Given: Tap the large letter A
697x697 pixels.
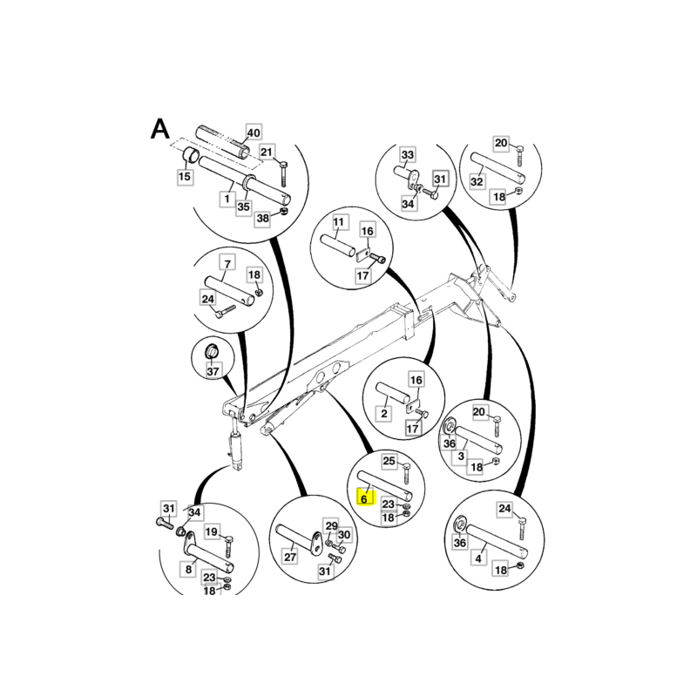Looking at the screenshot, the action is pos(160,129).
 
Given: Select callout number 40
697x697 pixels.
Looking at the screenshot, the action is pos(254,132).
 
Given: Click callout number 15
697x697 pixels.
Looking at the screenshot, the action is pos(185,177).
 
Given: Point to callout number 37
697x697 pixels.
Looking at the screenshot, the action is pos(213,370).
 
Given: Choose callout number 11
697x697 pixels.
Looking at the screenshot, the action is pos(339,222).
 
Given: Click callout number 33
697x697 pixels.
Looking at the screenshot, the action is pos(408,155).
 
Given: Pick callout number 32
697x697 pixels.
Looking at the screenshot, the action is pos(477,181).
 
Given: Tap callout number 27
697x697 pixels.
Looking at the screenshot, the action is pos(290,557).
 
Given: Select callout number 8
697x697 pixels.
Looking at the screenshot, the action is pos(188,569).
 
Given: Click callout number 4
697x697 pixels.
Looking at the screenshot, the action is pos(478,558).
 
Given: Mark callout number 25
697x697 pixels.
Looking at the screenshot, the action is pos(389,461).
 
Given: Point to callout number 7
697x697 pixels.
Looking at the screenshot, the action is pos(227,264).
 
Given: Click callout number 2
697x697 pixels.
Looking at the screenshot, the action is pos(384,414).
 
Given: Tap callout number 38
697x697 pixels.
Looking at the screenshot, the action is pos(263,219).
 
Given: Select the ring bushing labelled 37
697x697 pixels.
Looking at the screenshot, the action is pos(212,352).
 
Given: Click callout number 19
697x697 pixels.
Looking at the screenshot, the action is pos(212,531).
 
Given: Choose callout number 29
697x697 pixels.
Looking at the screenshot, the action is pos(332,526).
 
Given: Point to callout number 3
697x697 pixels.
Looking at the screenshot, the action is pos(461,456).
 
